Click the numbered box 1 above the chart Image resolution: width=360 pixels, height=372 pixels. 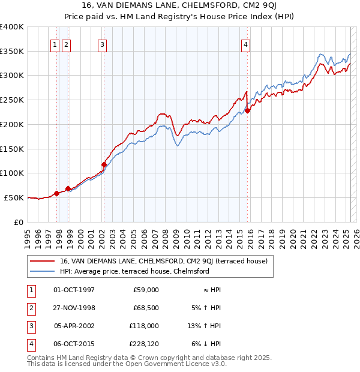55,44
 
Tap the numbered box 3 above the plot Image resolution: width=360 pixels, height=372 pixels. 103,44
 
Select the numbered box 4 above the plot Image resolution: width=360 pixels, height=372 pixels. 246,44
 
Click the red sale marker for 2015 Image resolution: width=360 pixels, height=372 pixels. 247,110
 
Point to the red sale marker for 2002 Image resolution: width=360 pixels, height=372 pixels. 104,164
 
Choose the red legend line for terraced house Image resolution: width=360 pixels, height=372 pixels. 41,261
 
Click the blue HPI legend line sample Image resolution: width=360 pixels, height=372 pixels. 41,271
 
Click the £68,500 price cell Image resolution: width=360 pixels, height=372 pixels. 145,308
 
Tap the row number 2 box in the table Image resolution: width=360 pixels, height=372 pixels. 30,308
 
